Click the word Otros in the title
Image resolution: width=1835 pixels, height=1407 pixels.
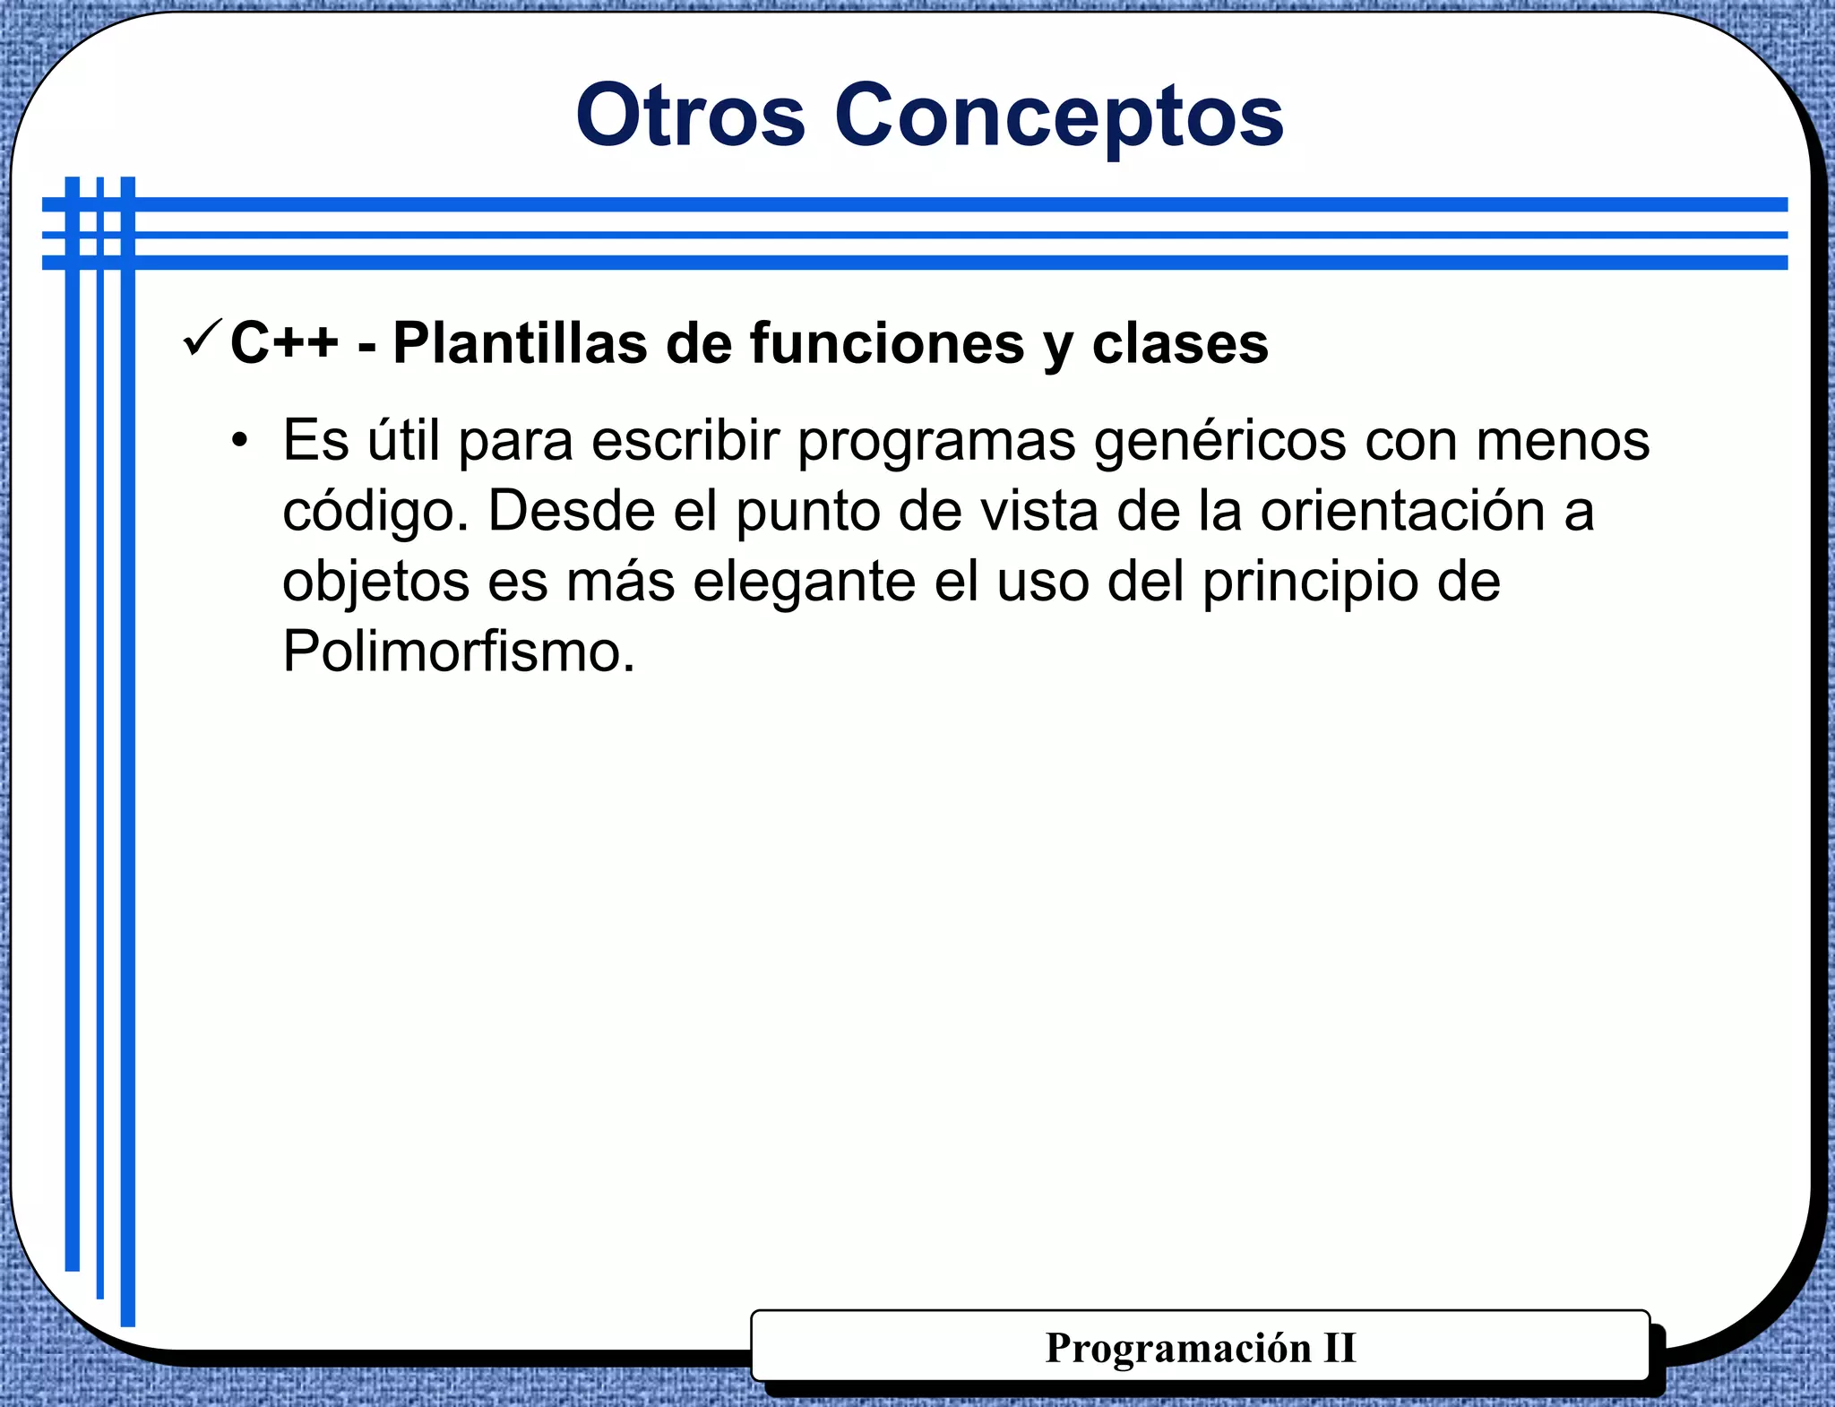click(x=690, y=116)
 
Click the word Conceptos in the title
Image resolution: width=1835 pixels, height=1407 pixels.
click(x=1059, y=116)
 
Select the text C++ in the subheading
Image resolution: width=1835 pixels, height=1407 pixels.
click(x=284, y=342)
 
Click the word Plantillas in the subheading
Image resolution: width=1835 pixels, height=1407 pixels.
click(x=520, y=342)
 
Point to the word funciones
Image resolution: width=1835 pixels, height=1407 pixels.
click(x=886, y=342)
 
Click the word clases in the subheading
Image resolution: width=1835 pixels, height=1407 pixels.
click(x=1180, y=342)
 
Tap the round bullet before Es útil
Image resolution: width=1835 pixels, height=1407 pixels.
click(x=238, y=442)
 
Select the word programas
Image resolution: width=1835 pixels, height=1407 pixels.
click(x=935, y=442)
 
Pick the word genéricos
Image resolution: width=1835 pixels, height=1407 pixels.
click(x=1219, y=442)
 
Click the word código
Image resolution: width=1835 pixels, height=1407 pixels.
click(x=375, y=512)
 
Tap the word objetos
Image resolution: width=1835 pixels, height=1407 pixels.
click(x=375, y=583)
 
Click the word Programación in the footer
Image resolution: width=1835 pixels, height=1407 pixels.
click(x=1177, y=1348)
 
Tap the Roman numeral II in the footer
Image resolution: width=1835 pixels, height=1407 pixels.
click(x=1340, y=1348)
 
